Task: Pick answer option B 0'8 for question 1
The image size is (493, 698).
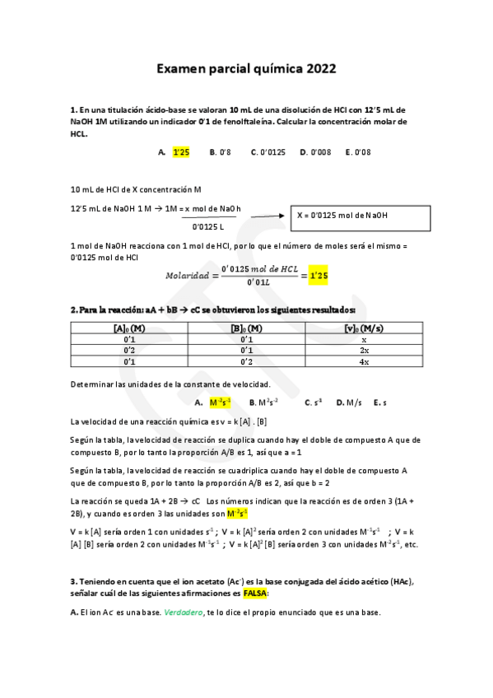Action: pyautogui.click(x=220, y=151)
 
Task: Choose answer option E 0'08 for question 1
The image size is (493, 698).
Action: pyautogui.click(x=359, y=151)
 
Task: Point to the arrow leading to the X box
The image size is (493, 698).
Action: pyautogui.click(x=268, y=216)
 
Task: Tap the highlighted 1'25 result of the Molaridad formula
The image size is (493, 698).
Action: pyautogui.click(x=319, y=276)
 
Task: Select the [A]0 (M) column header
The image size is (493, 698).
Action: pyautogui.click(x=129, y=328)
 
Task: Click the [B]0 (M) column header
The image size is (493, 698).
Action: pyautogui.click(x=247, y=328)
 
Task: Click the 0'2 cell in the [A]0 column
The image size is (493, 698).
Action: pyautogui.click(x=129, y=350)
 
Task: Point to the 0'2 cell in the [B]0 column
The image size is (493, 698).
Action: pyautogui.click(x=247, y=361)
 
